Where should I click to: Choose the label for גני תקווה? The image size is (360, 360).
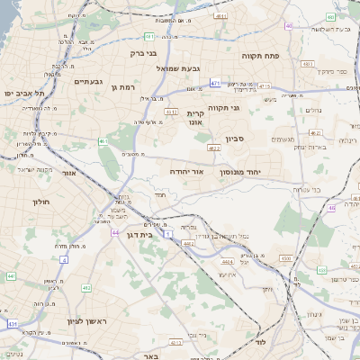click(222, 108)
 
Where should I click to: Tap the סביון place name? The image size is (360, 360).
click(259, 139)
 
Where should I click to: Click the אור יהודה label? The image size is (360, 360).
click(187, 171)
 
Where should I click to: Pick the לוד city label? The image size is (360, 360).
click(262, 343)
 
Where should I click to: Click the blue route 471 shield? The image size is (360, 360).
click(215, 83)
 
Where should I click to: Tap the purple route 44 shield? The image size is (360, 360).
click(115, 232)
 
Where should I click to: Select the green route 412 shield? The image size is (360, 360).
click(86, 287)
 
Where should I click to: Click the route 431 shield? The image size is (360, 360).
click(12, 322)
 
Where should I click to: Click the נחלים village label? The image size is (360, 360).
click(314, 110)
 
